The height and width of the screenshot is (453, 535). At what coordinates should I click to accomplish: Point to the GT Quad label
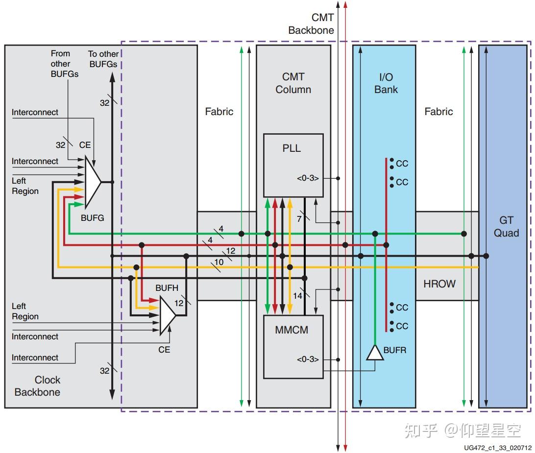[x=506, y=227]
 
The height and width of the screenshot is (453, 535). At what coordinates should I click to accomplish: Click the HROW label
[x=439, y=284]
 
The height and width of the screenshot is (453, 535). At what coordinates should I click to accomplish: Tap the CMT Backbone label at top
[x=311, y=24]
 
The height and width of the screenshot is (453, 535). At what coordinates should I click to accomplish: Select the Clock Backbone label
[x=38, y=386]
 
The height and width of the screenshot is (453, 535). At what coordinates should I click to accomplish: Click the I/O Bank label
[x=386, y=83]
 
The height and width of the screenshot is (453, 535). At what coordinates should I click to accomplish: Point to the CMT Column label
[x=293, y=83]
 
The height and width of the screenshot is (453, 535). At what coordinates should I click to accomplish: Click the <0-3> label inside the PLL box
[x=308, y=178]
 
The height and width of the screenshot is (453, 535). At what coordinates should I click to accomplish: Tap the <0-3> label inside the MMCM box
[x=308, y=359]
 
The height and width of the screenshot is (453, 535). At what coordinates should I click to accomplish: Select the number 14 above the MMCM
[x=297, y=296]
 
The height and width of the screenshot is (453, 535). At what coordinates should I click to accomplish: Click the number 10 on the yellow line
[x=219, y=262]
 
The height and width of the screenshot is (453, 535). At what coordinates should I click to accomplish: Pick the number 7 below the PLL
[x=299, y=219]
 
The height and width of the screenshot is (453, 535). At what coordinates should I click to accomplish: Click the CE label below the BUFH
[x=164, y=350]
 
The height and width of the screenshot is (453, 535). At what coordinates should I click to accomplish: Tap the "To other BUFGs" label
[x=102, y=59]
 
